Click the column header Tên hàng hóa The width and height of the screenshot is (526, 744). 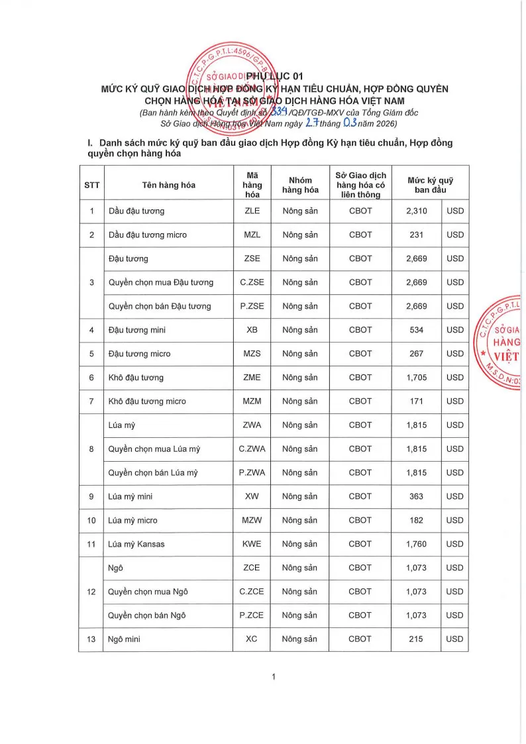click(169, 185)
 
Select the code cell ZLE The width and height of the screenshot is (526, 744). click(252, 211)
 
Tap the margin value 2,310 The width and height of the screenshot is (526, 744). click(417, 211)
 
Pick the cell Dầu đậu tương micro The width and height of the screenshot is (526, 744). click(148, 235)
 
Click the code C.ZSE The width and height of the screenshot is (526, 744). click(252, 282)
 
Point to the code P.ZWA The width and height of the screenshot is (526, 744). click(252, 473)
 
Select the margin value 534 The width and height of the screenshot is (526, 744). click(417, 330)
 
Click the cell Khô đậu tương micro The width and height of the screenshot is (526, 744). click(147, 401)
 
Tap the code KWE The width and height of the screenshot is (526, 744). click(252, 545)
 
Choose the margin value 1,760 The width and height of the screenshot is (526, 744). click(417, 545)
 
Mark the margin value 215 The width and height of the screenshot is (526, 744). click(417, 639)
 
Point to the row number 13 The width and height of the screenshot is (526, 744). click(91, 639)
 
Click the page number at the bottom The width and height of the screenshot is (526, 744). click(273, 676)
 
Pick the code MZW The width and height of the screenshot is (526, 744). click(252, 521)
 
